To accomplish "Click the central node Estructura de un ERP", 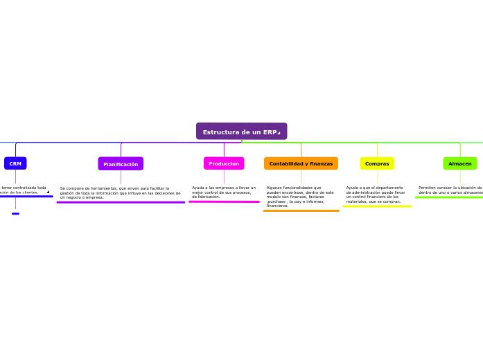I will coord(241,132).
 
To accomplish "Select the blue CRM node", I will coord(15,163).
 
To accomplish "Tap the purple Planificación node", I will coord(121,164).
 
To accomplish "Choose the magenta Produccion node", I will coord(224,163).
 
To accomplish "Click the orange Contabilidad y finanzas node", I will coord(301,163).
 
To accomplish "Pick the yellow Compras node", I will coord(377,163).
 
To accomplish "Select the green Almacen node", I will coord(459,163).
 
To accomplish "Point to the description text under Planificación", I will coord(120,192).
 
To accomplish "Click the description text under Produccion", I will coord(224,192).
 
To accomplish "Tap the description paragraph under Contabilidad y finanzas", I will coord(300,197).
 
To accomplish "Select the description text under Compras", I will coord(376,195).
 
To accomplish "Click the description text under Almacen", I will coord(450,190).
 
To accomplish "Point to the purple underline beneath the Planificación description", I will coord(121,202).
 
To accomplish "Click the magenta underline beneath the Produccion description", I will coord(224,201).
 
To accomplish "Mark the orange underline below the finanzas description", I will coord(301,210).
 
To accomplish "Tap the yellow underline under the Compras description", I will coord(377,206).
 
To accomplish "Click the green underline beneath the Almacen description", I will coord(449,197).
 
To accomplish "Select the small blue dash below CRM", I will coord(15,214).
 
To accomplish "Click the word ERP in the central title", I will coord(270,132).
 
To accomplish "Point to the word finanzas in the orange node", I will coord(321,164).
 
